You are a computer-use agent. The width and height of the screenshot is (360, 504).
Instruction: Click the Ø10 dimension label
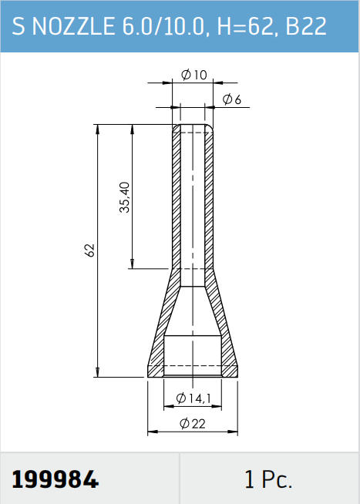pos(194,75)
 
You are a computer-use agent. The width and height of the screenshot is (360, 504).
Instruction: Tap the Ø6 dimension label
pos(231,99)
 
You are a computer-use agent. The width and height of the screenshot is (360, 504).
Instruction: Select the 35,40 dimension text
pos(125,197)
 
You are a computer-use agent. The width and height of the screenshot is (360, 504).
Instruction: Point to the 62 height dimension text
pos(90,250)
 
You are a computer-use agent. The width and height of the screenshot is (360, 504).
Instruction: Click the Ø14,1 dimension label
pos(193,398)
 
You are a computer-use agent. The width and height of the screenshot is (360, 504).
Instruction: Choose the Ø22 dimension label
pos(192,424)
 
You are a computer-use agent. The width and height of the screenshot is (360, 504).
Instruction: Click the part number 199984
pos(55,479)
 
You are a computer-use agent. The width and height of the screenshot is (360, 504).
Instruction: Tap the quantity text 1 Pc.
pos(268,479)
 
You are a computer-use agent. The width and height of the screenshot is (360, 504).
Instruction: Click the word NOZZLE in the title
pos(73,25)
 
